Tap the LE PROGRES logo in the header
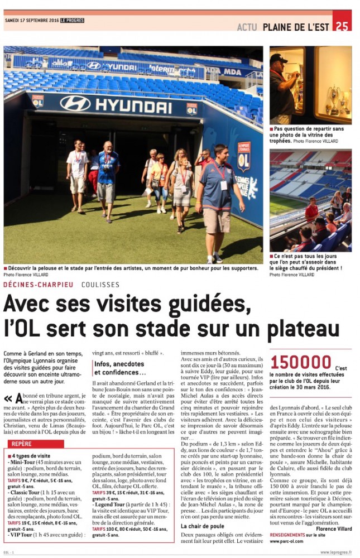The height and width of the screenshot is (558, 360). click(x=73, y=21)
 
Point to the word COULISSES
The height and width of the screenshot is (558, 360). click(x=100, y=284)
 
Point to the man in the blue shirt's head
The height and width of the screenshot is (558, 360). click(x=107, y=146)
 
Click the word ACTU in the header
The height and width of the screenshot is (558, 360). click(x=247, y=26)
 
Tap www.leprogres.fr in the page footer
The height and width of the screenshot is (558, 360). click(x=336, y=552)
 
